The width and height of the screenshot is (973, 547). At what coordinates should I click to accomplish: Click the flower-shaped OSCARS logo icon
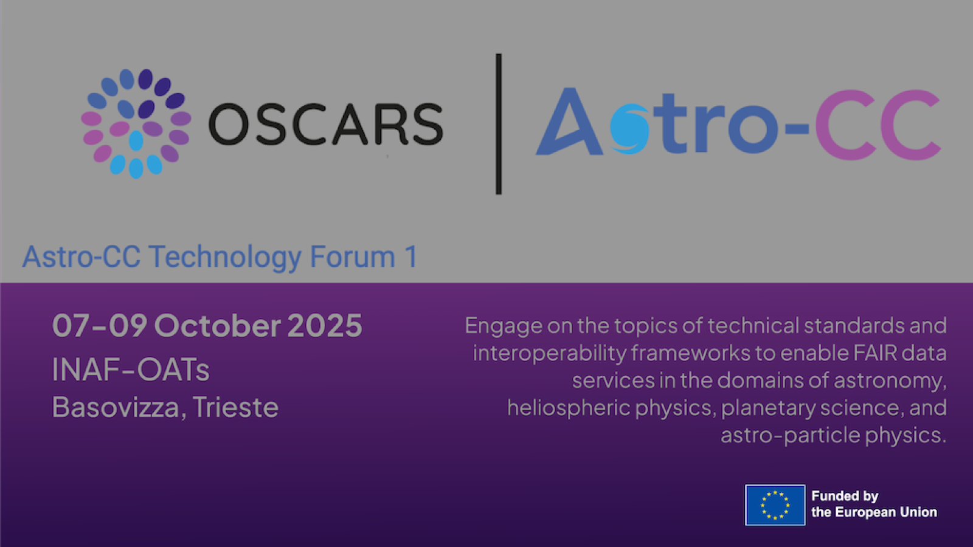click(x=136, y=123)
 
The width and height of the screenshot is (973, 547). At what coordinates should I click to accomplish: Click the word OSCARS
click(x=325, y=125)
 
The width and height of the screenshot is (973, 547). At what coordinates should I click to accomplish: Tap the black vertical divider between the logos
click(x=499, y=124)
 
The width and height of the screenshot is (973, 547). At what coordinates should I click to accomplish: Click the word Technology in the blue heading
click(x=225, y=257)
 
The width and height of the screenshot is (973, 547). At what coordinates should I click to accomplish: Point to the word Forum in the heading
click(x=353, y=257)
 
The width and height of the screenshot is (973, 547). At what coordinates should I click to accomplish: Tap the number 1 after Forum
click(x=412, y=257)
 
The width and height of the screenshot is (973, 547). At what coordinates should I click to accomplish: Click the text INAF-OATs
click(x=131, y=370)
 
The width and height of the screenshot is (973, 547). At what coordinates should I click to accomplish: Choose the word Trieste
click(x=236, y=407)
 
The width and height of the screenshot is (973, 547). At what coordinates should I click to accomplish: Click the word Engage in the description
click(x=504, y=326)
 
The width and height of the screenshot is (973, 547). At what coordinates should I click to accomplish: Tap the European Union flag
click(x=775, y=505)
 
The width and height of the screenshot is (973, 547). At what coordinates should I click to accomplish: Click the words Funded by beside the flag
click(x=845, y=496)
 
